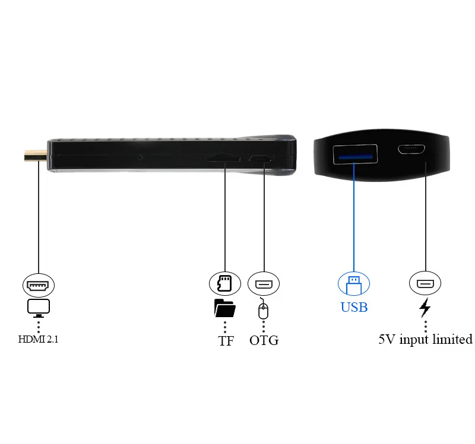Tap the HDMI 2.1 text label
click(39, 340)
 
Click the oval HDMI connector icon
click(39, 285)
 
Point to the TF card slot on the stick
click(223, 159)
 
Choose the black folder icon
click(224, 308)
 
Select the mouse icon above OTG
click(264, 310)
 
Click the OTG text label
click(264, 340)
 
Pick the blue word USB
click(354, 307)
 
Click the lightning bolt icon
click(425, 308)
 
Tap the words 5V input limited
click(425, 340)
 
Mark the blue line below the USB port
click(354, 219)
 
